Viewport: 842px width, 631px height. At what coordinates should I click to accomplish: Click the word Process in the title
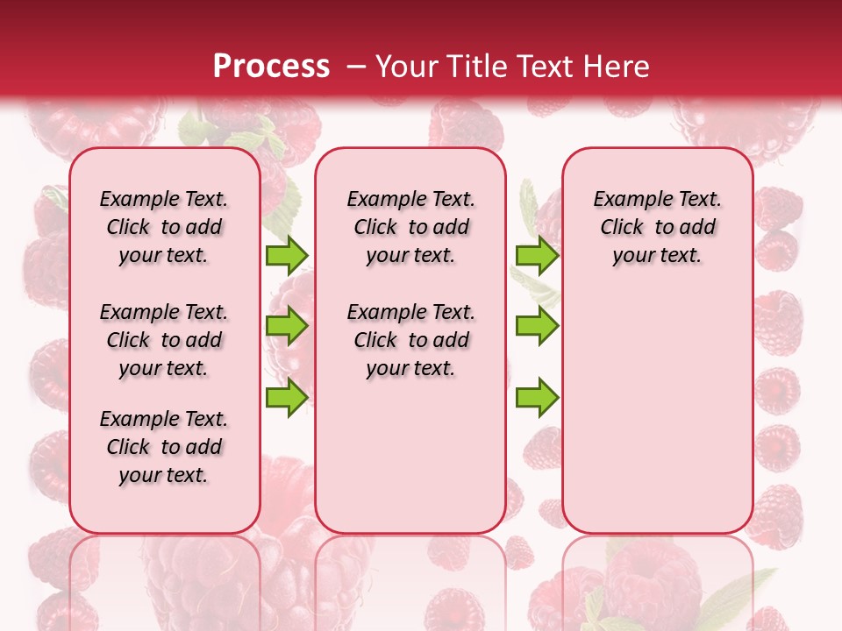click(271, 66)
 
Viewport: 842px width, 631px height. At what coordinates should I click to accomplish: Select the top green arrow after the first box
click(286, 255)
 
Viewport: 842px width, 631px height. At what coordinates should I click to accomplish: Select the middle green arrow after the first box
click(286, 326)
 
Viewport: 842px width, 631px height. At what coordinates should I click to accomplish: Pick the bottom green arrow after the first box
click(286, 397)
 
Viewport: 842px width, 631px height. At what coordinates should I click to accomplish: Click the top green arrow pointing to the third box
click(537, 255)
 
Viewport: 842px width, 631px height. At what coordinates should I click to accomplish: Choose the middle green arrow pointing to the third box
click(537, 326)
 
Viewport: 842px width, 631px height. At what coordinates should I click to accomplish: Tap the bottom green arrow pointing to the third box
click(537, 397)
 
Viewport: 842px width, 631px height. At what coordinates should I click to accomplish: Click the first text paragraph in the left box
click(164, 227)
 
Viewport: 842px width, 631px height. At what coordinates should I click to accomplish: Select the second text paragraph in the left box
click(164, 340)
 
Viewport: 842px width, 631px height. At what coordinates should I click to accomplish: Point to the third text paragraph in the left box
click(164, 447)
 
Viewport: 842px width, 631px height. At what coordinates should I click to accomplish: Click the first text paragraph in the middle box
click(410, 227)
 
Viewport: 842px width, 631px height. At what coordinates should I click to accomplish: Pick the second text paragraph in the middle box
click(410, 340)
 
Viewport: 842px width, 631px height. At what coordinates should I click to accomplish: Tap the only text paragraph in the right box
click(657, 227)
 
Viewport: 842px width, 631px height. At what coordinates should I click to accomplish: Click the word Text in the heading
click(545, 66)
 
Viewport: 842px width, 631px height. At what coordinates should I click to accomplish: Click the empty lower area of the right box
click(657, 412)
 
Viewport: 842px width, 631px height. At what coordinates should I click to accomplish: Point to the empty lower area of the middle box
click(410, 456)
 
